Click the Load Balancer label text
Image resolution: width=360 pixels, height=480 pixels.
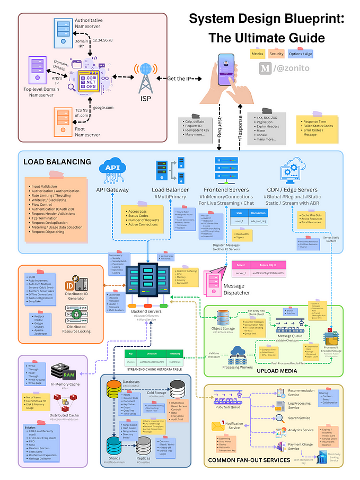coord(170,190)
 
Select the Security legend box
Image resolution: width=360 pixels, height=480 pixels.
coord(276,54)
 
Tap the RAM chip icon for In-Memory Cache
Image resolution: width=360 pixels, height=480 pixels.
coord(58,371)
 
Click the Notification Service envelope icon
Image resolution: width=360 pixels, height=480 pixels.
coord(218,426)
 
